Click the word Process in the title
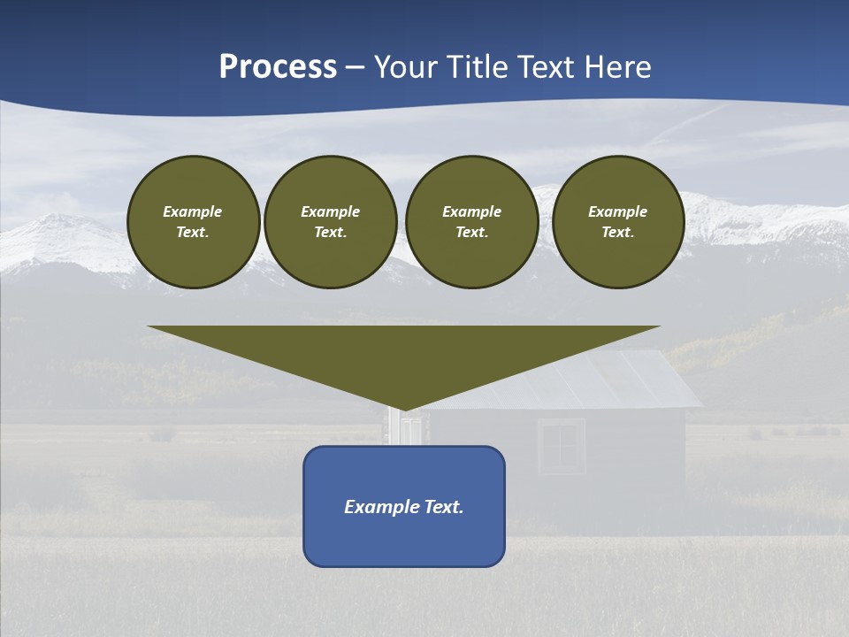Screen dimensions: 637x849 point(278,67)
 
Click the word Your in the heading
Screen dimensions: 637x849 point(407,67)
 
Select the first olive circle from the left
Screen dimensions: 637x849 point(194,222)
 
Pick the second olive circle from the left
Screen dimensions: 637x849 point(331,222)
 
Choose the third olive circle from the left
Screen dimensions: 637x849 point(472,222)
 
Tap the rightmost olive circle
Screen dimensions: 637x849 point(618,222)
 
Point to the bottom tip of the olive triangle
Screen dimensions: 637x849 point(404,408)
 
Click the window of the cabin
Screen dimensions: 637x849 point(561,446)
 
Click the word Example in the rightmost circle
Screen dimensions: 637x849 point(618,211)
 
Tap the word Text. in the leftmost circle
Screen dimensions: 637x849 point(194,233)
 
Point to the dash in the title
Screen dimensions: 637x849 point(356,67)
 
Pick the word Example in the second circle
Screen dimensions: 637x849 point(331,211)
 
